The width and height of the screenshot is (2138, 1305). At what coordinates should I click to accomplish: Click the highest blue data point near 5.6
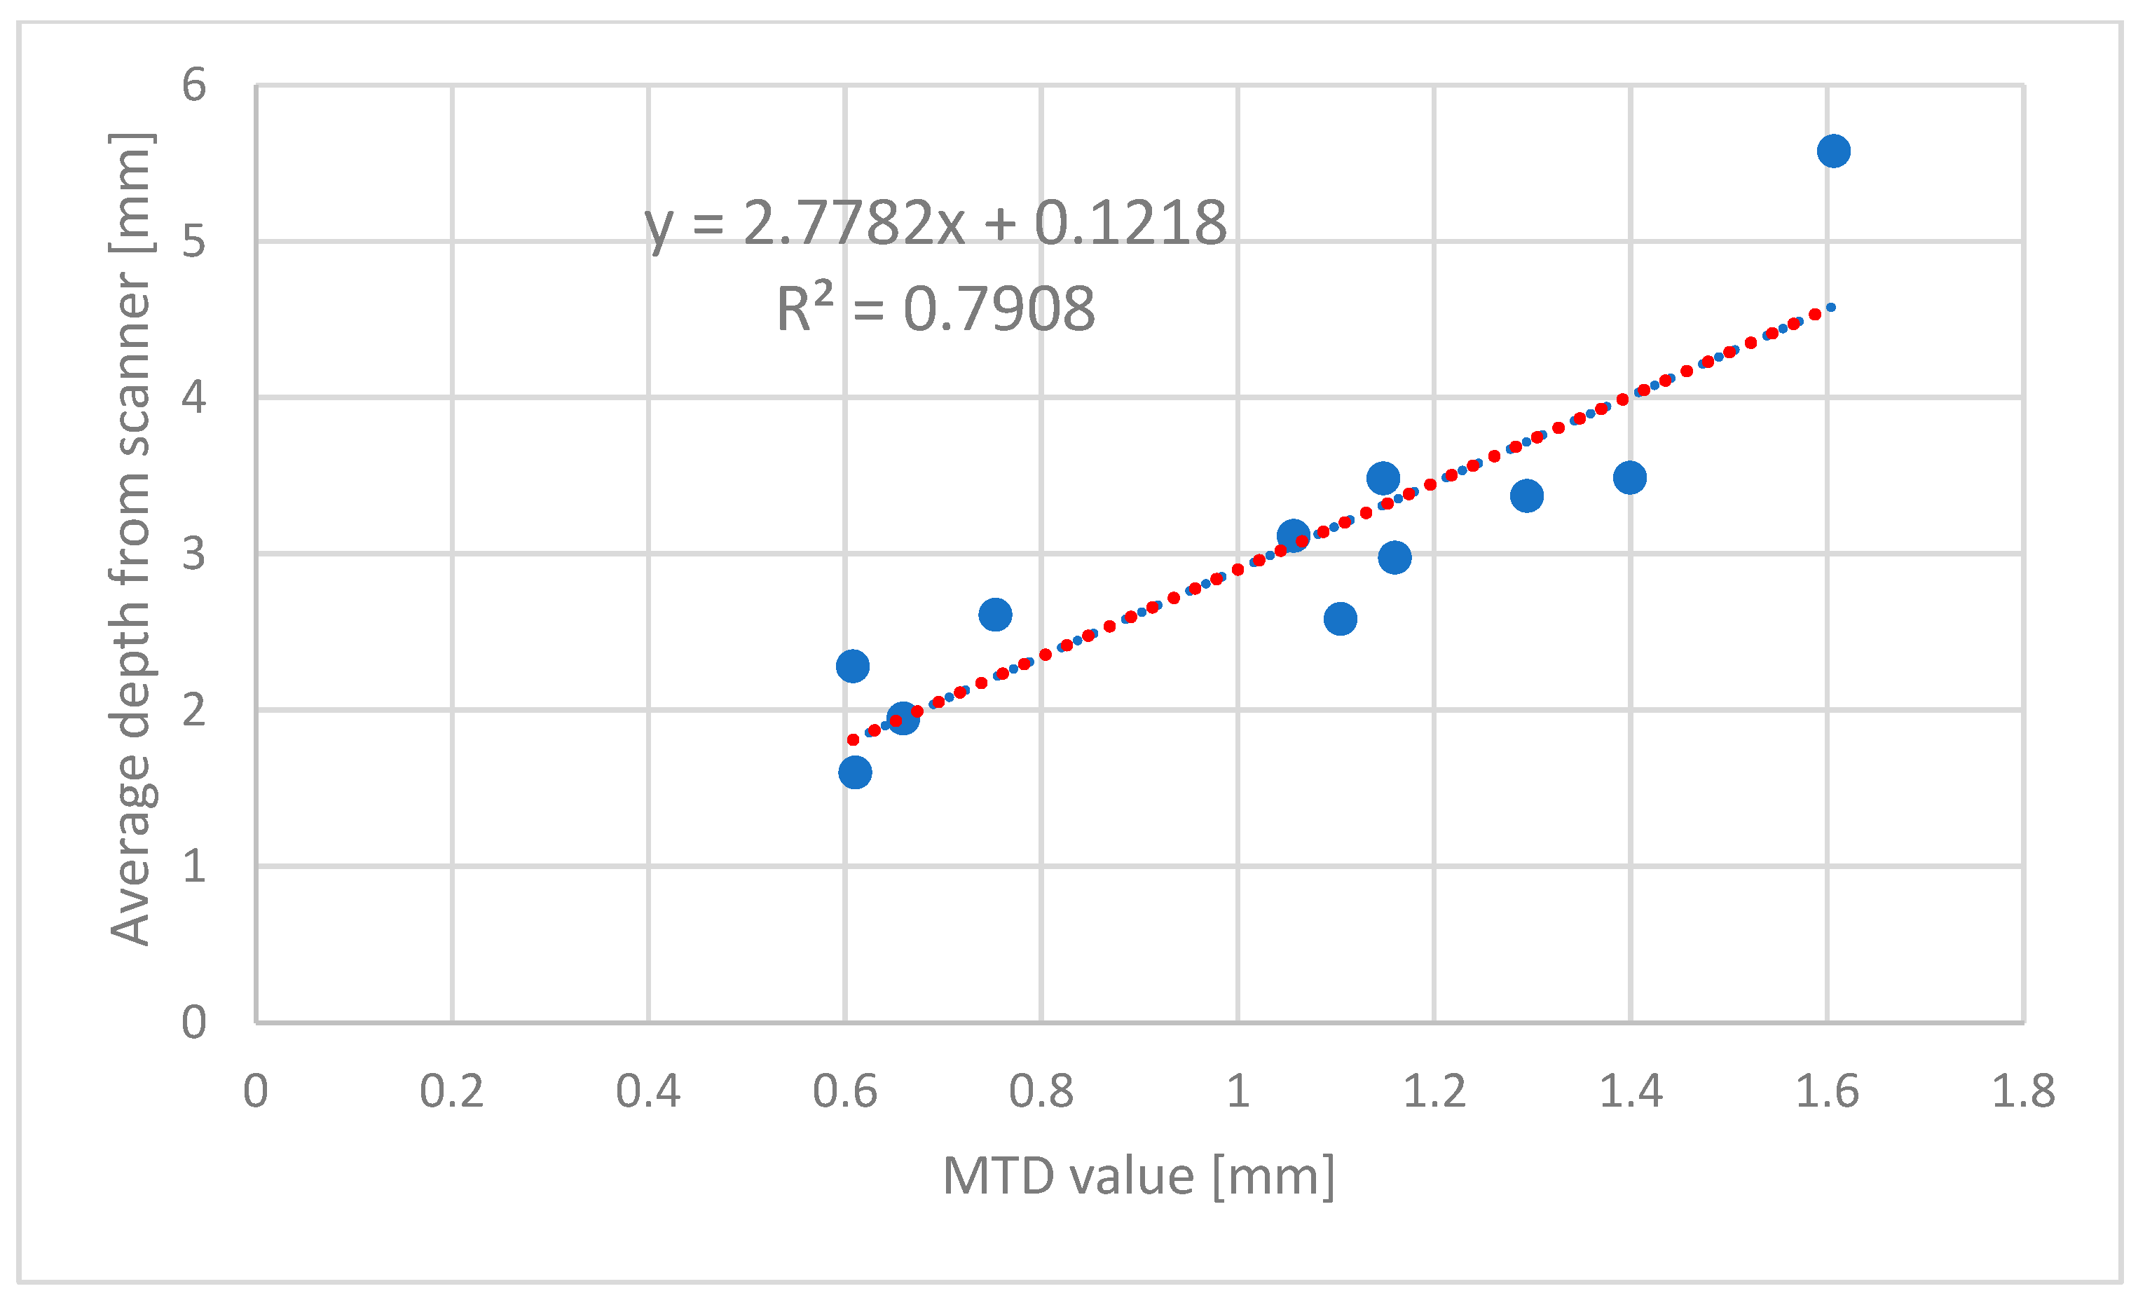coord(1832,151)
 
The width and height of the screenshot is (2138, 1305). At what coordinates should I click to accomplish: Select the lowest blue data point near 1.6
coord(855,772)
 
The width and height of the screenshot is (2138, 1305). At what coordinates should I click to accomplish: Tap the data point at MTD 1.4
coord(1629,477)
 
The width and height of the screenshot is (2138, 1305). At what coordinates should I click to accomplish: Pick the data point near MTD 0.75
coord(994,615)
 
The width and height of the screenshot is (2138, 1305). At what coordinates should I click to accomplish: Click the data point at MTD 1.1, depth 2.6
coord(1340,619)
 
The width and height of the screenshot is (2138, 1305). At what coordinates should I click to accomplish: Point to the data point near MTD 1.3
coord(1526,496)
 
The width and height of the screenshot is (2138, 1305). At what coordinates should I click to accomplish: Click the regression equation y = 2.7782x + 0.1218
coord(936,224)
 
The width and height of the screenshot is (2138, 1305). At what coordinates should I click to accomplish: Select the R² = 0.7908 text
coord(936,309)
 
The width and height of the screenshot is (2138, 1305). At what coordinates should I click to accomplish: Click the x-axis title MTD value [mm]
coord(1139,1177)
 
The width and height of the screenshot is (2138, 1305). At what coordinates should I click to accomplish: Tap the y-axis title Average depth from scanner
coord(132,538)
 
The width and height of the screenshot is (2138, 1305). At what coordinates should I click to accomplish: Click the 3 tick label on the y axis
coord(193,554)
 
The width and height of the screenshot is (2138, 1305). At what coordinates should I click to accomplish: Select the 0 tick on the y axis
coord(193,1022)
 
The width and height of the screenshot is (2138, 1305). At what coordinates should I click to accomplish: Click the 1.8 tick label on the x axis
coord(2022,1091)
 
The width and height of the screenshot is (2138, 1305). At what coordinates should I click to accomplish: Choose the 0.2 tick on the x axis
coord(451,1091)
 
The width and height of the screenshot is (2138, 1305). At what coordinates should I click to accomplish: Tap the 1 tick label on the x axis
coord(1238,1091)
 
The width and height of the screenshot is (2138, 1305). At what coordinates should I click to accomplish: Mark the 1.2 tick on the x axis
coord(1434,1091)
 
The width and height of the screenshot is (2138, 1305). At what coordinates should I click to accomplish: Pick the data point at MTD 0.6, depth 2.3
coord(852,667)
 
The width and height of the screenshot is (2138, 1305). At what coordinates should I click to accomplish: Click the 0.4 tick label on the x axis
coord(647,1091)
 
